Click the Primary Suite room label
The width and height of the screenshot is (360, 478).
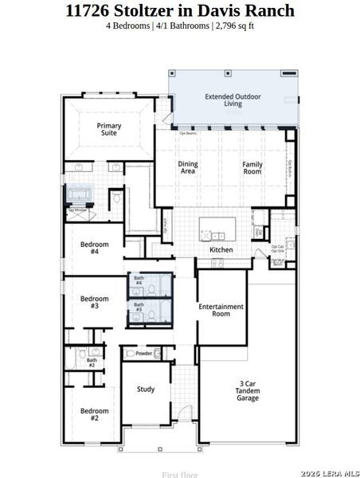[x=109, y=129]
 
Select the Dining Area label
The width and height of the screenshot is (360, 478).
[x=188, y=167]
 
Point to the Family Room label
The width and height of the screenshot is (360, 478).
[x=252, y=167]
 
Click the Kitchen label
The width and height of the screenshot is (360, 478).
[x=221, y=249]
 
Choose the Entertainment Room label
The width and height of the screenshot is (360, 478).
[x=221, y=310]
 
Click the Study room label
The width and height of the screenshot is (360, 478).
[x=146, y=390]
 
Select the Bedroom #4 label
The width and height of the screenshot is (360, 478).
[x=94, y=247]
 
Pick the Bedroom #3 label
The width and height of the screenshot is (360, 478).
[x=94, y=302]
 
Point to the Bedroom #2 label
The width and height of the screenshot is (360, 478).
[x=94, y=414]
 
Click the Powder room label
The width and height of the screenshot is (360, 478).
[x=144, y=353]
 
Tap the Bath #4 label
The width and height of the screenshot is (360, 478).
[x=139, y=280]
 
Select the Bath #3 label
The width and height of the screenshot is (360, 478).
[x=139, y=307]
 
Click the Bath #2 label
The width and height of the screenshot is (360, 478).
[x=92, y=362]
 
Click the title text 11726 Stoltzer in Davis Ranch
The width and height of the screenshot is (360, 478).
[x=180, y=10]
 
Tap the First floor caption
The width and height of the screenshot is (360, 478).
[x=180, y=474]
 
